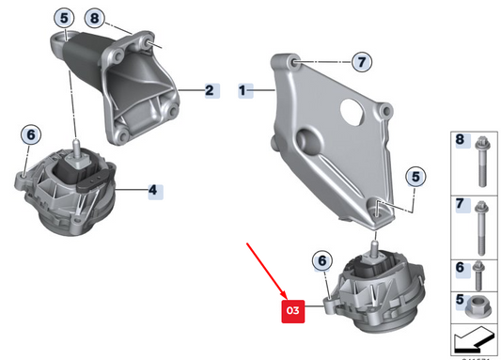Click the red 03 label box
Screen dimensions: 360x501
click(x=292, y=309)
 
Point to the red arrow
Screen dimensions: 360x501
click(x=271, y=269)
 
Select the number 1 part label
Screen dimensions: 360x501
click(x=243, y=91)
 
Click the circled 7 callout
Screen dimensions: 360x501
click(x=362, y=63)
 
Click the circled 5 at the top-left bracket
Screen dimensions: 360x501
click(x=63, y=18)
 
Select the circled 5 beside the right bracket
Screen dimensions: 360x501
click(x=415, y=175)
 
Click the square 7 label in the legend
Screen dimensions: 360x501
click(x=460, y=204)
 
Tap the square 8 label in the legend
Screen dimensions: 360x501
click(x=460, y=141)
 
